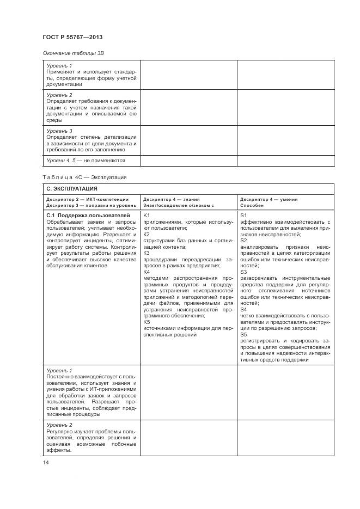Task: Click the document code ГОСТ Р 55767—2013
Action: [x=72, y=37]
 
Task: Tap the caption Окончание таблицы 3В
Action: [x=73, y=53]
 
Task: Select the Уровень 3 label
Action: [x=59, y=131]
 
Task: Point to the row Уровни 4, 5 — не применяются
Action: [x=86, y=161]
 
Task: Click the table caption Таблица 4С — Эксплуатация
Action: [x=84, y=177]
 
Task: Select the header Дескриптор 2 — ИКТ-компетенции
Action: [x=87, y=199]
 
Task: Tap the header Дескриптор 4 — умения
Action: [x=269, y=199]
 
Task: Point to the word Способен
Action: [x=252, y=205]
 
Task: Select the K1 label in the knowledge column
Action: [x=146, y=216]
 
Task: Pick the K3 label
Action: [x=146, y=253]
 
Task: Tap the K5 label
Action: [x=146, y=322]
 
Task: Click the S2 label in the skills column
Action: [x=243, y=240]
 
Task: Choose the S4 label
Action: [x=243, y=309]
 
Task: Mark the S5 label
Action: [x=243, y=334]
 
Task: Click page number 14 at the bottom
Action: [x=45, y=463]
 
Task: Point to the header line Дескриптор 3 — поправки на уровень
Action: [x=91, y=205]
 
